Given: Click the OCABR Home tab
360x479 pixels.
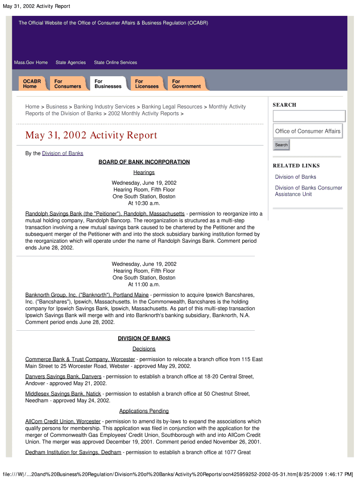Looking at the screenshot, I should pos(32,84).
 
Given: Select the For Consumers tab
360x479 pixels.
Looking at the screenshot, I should pos(67,84).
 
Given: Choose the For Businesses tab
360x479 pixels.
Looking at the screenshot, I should pos(108,84).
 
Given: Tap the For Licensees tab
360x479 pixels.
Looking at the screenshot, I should pos(147,84).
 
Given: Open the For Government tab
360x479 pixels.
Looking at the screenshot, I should pos(186,84).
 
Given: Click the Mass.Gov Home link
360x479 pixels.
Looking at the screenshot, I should pos(31,63).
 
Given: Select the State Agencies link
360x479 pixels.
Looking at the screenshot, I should pos(71,63).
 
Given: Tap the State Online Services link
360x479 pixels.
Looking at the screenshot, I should pos(115,63).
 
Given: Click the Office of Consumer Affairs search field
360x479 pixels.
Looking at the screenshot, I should pos(308,131).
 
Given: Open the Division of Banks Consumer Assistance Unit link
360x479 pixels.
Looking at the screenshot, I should pos(308,191).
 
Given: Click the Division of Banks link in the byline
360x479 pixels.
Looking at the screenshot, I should pos(63,153).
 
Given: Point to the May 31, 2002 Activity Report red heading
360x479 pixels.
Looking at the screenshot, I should pos(91,136).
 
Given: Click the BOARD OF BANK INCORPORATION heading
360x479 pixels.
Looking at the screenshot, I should pos(144,162).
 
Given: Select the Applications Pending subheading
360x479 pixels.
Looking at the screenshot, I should pos(144,411).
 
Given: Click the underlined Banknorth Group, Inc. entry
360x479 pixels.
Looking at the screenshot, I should pos(87,295).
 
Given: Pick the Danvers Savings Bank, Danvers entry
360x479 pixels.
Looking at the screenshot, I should pos(63,377).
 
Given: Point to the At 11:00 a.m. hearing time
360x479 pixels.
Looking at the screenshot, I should pos(144,284).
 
